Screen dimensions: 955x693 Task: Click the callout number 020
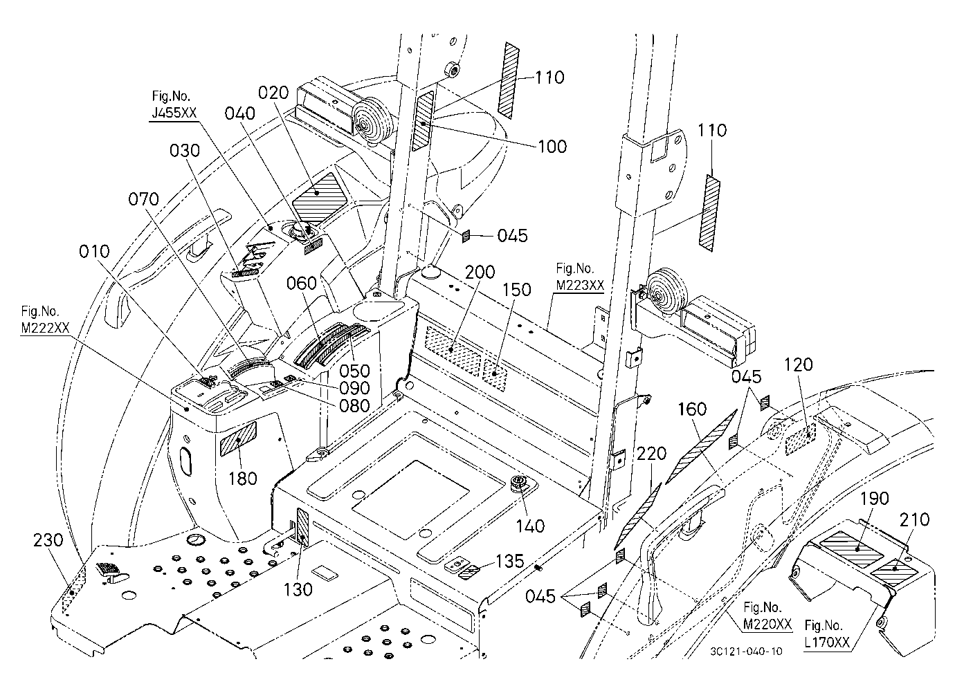[x=274, y=93]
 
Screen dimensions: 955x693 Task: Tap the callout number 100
[x=552, y=146]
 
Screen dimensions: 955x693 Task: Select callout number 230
[x=48, y=540]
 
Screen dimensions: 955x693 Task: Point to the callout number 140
[x=531, y=526]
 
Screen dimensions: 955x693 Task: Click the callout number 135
[x=510, y=561]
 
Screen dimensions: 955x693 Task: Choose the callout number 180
[x=243, y=478]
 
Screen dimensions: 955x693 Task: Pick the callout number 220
[x=651, y=454]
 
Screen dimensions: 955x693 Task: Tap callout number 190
[x=875, y=498]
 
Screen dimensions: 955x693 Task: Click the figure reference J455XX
[x=174, y=113]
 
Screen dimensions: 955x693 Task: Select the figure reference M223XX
[x=580, y=285]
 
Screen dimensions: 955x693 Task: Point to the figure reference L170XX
[x=827, y=642]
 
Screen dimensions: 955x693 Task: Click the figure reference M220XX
[x=767, y=624]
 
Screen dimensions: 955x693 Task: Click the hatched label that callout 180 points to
[x=238, y=439]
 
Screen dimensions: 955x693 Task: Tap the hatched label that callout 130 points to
[x=302, y=527]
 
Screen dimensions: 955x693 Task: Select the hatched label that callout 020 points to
[x=319, y=196]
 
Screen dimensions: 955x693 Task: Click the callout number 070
[x=144, y=199]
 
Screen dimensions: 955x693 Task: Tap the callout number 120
[x=799, y=364]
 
